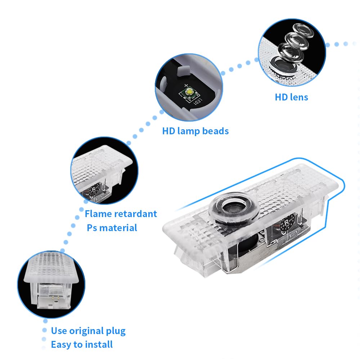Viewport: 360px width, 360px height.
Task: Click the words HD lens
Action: click(291, 97)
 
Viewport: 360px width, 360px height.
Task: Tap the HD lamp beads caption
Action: click(195, 131)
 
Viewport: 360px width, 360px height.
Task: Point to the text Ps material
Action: click(112, 228)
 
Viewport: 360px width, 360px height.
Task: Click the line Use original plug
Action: click(88, 330)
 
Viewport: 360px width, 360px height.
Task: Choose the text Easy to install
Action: click(82, 345)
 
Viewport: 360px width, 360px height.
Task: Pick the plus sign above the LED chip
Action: click(186, 85)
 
